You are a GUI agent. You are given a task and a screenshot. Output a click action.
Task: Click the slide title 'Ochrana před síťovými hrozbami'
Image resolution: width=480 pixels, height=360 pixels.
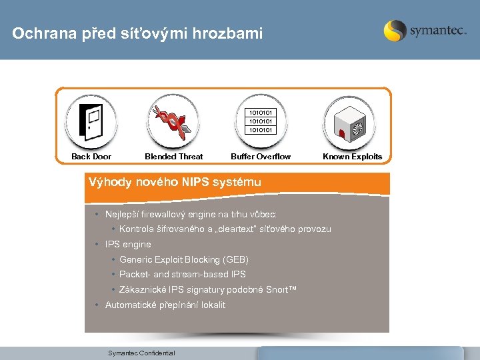(138, 33)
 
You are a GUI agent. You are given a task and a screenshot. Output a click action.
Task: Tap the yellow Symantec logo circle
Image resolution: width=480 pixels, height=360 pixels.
(395, 31)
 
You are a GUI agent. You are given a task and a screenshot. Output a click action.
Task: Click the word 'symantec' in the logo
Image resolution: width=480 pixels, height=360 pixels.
(437, 31)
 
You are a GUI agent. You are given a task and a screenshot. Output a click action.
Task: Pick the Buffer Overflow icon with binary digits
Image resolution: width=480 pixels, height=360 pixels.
(261, 121)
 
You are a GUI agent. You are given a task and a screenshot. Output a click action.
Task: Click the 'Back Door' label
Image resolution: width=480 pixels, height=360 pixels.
(91, 157)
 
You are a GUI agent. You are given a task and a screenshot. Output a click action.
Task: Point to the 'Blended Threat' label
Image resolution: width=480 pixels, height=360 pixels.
(173, 157)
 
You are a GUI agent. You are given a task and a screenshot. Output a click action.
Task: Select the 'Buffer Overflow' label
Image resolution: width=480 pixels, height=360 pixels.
(261, 157)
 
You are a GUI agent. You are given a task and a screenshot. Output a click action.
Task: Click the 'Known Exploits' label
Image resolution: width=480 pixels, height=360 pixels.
(352, 157)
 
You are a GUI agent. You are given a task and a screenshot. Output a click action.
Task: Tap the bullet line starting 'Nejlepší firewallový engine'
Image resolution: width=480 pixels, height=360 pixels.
(190, 215)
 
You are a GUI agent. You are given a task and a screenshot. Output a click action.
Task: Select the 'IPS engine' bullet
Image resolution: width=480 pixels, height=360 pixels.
(128, 245)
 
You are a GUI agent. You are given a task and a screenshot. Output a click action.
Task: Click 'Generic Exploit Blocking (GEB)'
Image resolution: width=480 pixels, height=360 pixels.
(183, 259)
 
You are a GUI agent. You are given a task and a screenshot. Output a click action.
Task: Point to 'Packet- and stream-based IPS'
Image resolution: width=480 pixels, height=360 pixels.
(182, 274)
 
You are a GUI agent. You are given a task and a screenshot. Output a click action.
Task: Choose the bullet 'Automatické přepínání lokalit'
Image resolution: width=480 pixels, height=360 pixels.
(165, 305)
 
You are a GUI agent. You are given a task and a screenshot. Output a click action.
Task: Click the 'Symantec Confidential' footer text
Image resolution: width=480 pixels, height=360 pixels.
(141, 353)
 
